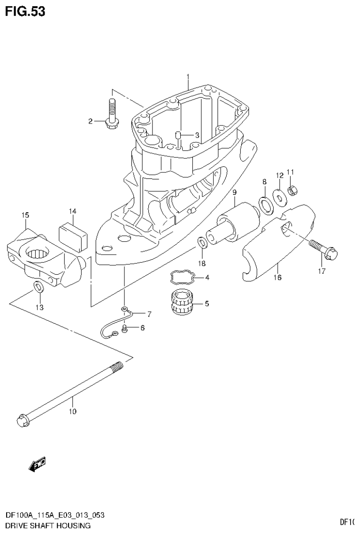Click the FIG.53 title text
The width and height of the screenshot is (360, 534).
click(x=25, y=11)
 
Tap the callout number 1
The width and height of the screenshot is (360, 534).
click(x=187, y=76)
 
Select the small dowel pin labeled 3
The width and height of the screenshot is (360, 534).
click(x=178, y=136)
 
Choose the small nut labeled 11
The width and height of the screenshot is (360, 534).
click(x=291, y=190)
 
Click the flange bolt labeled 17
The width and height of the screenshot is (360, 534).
click(x=321, y=249)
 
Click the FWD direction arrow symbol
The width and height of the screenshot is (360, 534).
click(x=37, y=464)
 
